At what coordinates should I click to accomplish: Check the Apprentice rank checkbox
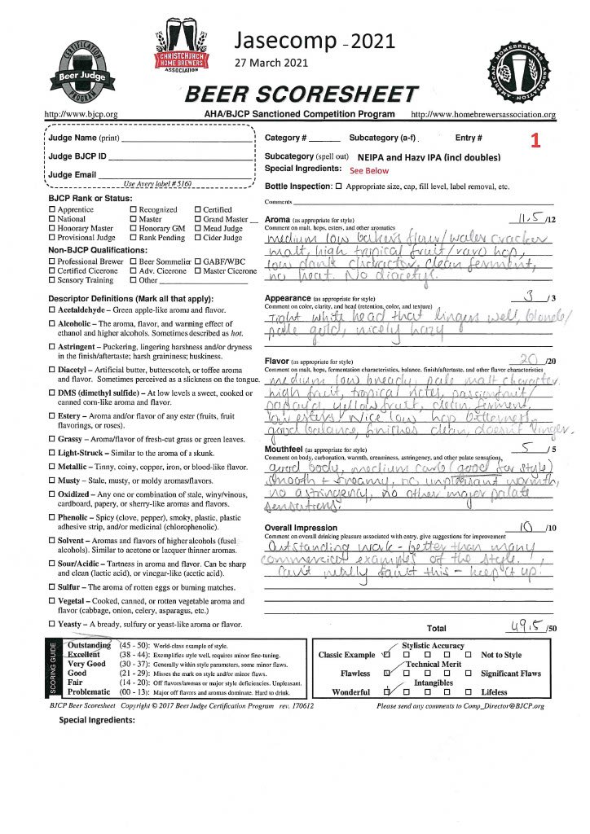tap(52, 210)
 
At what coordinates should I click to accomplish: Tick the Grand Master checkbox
tap(196, 219)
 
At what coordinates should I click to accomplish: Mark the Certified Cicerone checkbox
tap(52, 270)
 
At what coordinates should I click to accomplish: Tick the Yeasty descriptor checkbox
tap(52, 623)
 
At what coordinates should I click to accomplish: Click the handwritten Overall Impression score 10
tap(531, 526)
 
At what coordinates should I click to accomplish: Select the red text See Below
tap(369, 171)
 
